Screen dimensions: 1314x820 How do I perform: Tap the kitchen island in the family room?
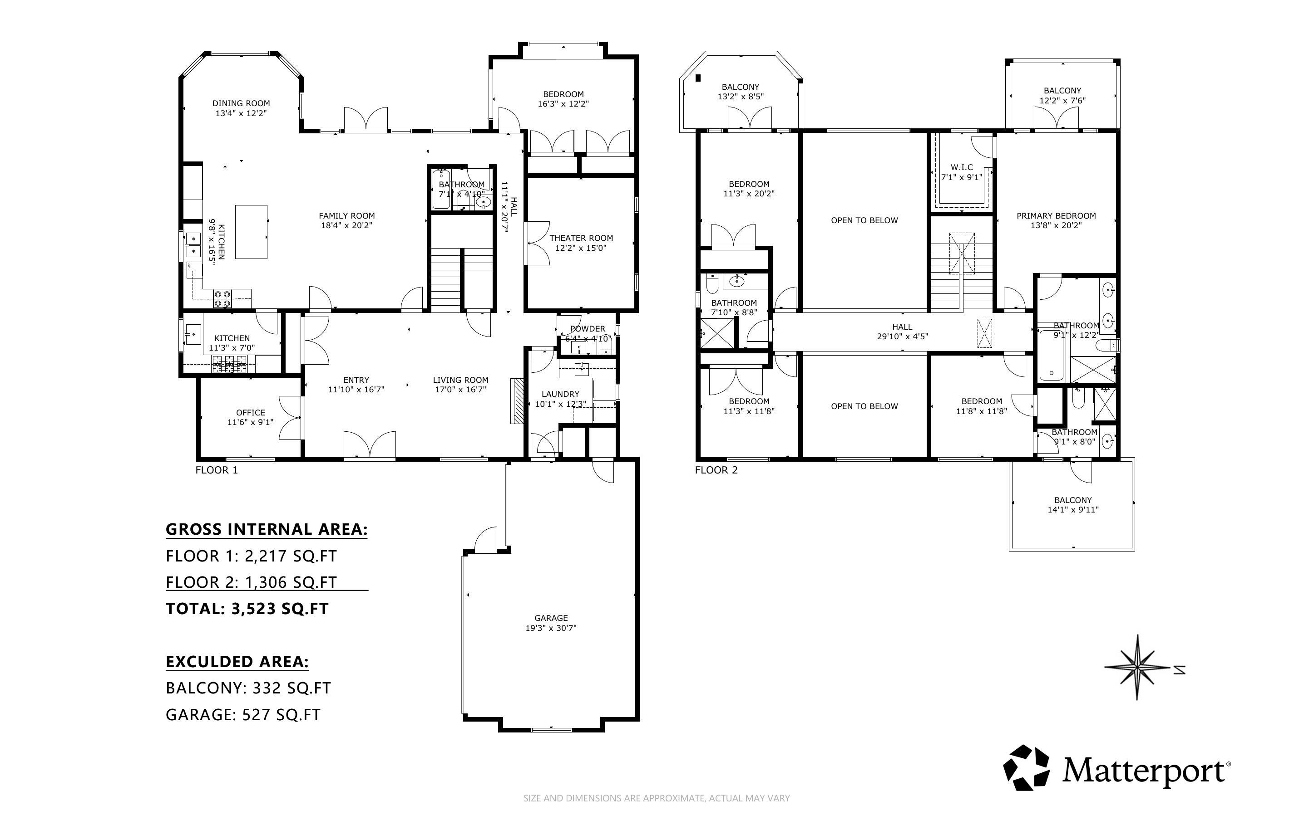click(251, 232)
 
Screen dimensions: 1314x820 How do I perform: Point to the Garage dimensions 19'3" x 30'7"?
click(551, 628)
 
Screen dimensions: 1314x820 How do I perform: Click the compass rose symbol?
click(1137, 667)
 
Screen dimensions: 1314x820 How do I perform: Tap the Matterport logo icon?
click(1026, 768)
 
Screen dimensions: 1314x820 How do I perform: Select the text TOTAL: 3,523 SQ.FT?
click(247, 609)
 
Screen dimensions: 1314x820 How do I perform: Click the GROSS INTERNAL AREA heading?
click(267, 529)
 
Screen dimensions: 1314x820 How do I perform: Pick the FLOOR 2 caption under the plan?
click(716, 470)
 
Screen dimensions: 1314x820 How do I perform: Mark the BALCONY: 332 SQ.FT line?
click(248, 688)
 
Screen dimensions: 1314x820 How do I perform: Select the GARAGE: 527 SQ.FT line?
click(243, 715)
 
